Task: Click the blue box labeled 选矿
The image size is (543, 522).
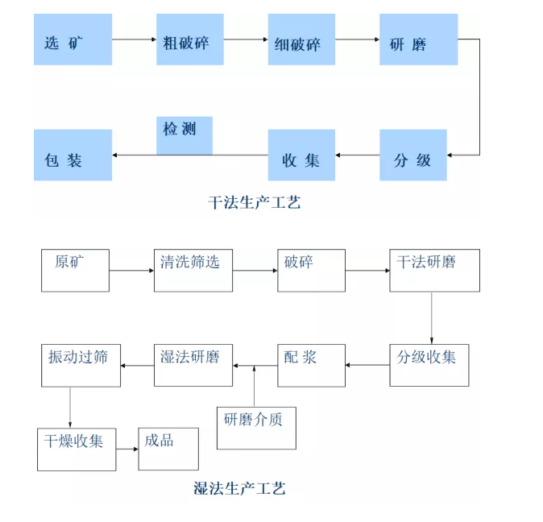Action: (73, 40)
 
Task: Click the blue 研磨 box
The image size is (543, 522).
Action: (418, 41)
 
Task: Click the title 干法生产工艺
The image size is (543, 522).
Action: (254, 202)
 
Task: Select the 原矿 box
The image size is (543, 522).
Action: (75, 270)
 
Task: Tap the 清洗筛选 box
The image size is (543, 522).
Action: (187, 270)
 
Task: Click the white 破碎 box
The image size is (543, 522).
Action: (311, 270)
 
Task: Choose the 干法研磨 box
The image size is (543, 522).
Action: (434, 270)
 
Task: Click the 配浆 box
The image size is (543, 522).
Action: (311, 365)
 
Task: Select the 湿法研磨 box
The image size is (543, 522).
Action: (193, 365)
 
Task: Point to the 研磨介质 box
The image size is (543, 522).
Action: (256, 428)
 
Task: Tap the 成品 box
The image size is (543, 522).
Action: (168, 449)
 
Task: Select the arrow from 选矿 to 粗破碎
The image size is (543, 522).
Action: (134, 39)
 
